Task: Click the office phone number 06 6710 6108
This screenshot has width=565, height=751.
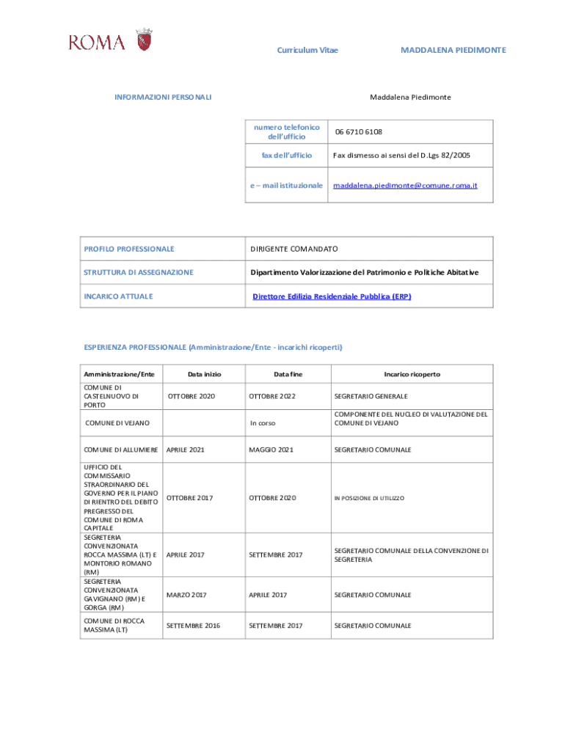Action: (x=359, y=132)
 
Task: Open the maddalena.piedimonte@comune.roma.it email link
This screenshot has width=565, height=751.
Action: (x=405, y=186)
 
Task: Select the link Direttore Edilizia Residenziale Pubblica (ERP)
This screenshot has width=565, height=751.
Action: (x=332, y=296)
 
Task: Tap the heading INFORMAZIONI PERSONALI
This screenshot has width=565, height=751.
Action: (x=164, y=97)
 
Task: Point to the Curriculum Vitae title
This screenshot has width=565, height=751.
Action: (x=307, y=50)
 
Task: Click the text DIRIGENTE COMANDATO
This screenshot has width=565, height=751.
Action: (x=294, y=249)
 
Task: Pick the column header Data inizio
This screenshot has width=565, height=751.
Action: (x=204, y=374)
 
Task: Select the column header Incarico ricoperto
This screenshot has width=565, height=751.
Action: (x=412, y=374)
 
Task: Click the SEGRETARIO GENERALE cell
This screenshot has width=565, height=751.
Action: (x=371, y=396)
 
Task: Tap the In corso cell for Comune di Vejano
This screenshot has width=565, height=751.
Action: (x=262, y=423)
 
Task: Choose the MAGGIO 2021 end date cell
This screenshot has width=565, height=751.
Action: (x=271, y=450)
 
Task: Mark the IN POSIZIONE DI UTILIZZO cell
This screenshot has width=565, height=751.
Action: (x=369, y=499)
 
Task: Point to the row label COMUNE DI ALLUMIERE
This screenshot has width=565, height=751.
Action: (x=121, y=450)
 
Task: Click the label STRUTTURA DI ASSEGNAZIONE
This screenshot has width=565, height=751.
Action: (x=139, y=272)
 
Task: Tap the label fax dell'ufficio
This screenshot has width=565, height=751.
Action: (x=287, y=155)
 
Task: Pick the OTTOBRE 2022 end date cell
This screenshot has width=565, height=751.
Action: (x=272, y=396)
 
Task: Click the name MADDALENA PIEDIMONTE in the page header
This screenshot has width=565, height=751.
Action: (x=453, y=50)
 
